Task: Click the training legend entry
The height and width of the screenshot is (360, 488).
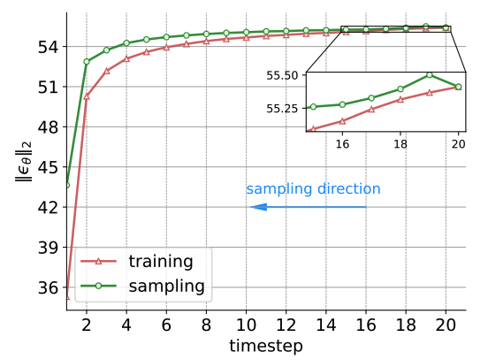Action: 137,261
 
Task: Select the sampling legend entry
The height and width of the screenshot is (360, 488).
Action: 142,287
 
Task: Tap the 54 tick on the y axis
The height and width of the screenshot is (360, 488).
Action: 48,47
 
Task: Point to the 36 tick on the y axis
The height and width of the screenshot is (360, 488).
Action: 48,287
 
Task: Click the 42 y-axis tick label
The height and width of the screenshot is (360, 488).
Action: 48,207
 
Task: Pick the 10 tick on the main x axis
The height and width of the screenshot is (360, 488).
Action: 246,326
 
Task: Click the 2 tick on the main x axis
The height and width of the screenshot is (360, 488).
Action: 87,326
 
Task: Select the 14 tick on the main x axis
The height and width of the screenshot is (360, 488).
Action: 326,326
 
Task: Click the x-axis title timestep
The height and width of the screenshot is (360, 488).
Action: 266,346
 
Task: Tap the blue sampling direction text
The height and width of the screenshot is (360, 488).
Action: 313,189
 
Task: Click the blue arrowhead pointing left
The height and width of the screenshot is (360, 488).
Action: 259,207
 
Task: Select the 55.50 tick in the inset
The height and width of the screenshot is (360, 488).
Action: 282,75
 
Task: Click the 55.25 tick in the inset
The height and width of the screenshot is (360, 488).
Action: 282,109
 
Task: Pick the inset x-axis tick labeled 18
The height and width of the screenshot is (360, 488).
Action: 400,144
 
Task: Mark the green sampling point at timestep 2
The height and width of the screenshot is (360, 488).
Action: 87,62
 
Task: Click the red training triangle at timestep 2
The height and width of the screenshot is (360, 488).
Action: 87,96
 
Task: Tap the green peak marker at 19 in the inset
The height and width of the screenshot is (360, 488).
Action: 430,75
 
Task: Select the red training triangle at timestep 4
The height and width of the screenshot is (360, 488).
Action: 126,58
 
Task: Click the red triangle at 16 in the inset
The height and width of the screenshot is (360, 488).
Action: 342,121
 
